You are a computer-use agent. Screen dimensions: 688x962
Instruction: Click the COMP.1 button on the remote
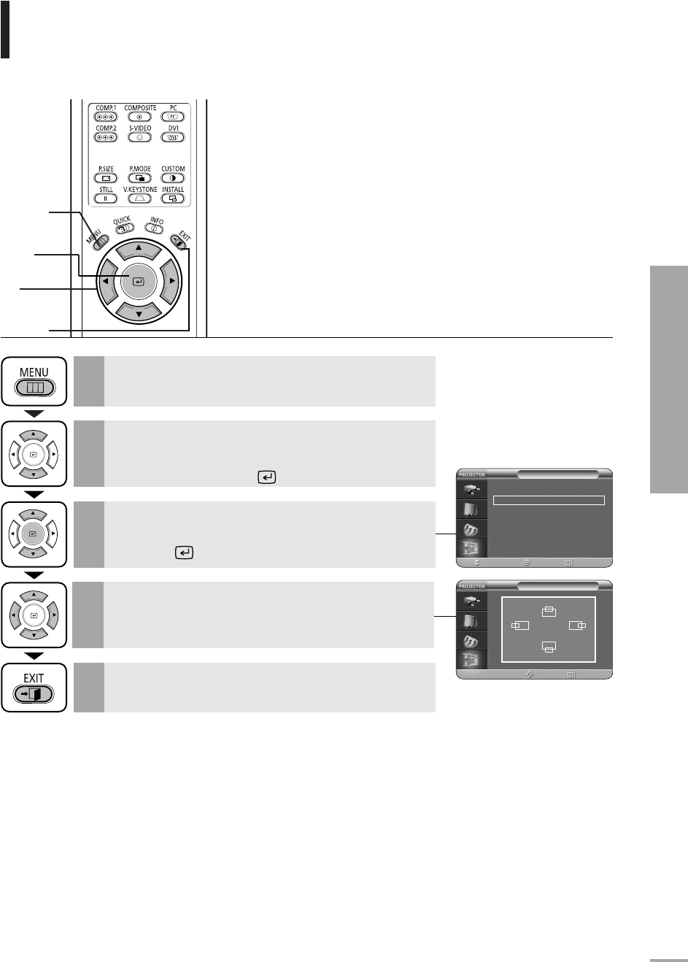click(106, 116)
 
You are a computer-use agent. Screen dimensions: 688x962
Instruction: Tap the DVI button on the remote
click(173, 136)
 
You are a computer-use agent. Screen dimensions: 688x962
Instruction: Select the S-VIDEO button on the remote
click(139, 136)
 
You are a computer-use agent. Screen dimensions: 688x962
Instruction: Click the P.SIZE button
click(106, 177)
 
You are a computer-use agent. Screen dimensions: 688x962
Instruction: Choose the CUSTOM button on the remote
click(173, 177)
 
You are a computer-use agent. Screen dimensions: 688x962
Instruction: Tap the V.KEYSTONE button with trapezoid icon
click(139, 198)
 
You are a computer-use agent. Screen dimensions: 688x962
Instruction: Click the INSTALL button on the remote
click(173, 198)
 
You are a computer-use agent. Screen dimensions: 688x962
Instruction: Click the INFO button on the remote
click(155, 226)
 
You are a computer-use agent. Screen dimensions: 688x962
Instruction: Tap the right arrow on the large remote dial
click(169, 280)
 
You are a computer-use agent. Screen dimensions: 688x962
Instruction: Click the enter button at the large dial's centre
click(139, 280)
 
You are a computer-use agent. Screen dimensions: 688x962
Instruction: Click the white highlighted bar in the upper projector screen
click(549, 501)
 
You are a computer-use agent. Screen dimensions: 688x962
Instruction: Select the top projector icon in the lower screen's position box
click(549, 612)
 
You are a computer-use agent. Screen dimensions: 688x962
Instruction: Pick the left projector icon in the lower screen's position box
click(520, 626)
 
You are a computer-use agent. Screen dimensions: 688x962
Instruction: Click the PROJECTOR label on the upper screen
click(471, 474)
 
